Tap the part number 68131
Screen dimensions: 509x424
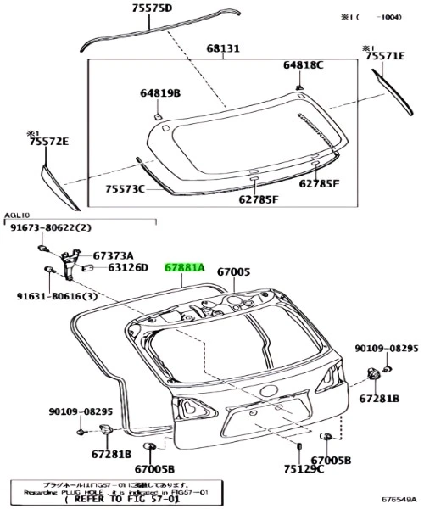click(x=223, y=49)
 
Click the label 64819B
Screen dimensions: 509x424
click(x=161, y=94)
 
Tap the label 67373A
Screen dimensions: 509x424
click(x=112, y=254)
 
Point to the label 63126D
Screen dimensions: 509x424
click(x=128, y=268)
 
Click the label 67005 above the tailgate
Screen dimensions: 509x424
click(x=233, y=272)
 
